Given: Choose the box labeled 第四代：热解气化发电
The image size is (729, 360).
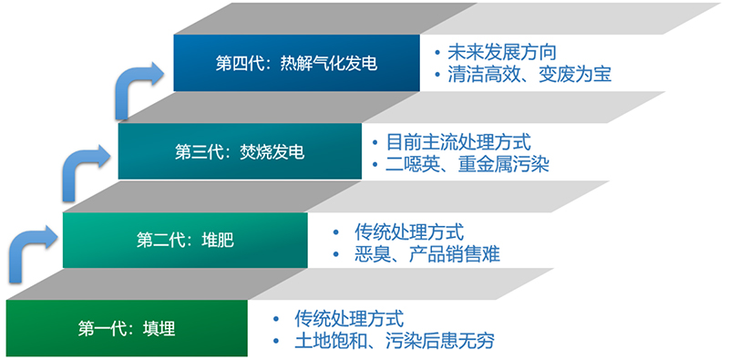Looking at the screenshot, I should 296,63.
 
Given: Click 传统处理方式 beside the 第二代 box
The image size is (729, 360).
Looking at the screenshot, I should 410,231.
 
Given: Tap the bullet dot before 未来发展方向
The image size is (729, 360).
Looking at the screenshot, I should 438,52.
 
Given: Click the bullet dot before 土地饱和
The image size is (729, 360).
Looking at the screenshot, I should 278,342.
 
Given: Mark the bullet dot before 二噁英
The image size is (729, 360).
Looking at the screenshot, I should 375,165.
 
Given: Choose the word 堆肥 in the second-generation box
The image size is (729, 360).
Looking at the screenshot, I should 217,241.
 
